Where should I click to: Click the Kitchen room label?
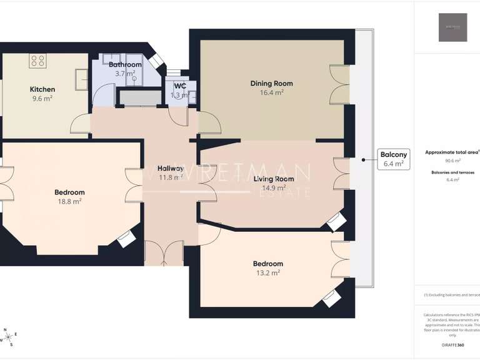42,89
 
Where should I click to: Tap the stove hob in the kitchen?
38,61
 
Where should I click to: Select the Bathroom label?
125,64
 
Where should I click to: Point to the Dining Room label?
271,83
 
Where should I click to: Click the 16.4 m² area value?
271,92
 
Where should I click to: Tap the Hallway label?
170,168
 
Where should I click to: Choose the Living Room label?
274,179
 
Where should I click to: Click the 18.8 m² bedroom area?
69,201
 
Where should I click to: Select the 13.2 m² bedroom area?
267,272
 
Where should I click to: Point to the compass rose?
7,337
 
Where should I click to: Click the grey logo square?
452,27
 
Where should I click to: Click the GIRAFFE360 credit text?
452,345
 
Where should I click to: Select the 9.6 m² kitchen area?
42,98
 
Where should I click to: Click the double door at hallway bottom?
164,254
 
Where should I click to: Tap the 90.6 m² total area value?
452,161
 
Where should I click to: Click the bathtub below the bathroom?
139,98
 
